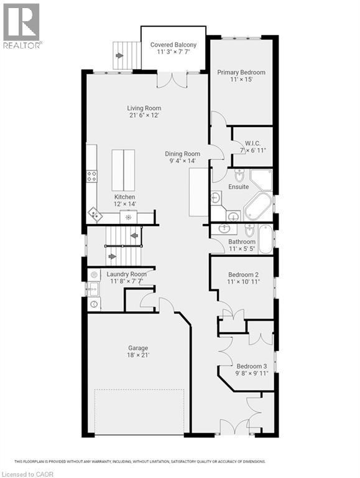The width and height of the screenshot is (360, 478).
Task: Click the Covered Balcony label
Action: coord(173,45)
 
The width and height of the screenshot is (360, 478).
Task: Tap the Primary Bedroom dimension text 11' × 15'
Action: coord(241,80)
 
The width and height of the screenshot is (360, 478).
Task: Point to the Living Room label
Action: coord(144,108)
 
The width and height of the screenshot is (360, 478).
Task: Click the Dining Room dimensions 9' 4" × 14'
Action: coord(182,161)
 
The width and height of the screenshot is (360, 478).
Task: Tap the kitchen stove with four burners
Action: coord(91,176)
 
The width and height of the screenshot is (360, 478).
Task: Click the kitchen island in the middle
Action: coord(123,171)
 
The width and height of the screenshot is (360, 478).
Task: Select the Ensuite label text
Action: coord(239,187)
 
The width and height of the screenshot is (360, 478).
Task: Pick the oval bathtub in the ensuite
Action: coord(257,207)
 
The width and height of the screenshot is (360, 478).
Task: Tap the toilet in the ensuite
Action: coord(239,175)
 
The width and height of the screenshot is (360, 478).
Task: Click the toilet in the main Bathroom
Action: coord(249,231)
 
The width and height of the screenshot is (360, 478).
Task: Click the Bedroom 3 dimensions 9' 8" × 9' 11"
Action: coord(251,374)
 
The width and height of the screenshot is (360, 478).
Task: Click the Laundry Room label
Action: coord(126,274)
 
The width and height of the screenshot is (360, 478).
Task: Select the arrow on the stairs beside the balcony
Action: coord(119,55)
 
